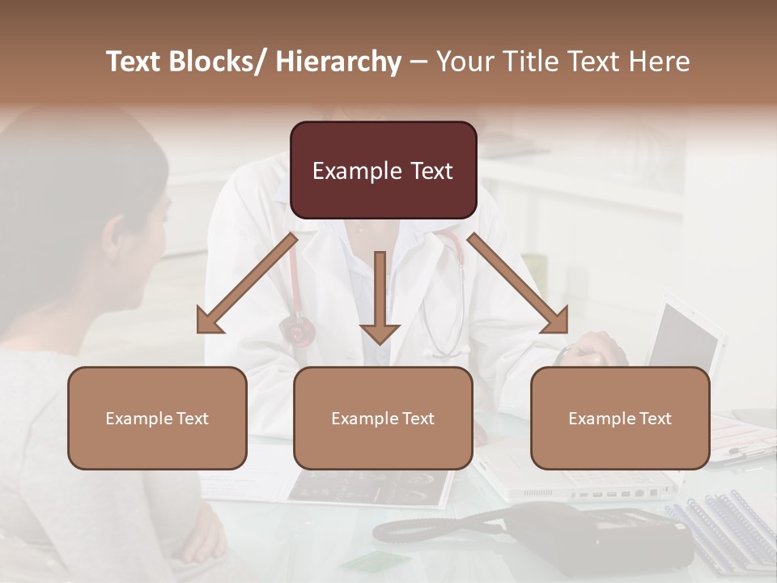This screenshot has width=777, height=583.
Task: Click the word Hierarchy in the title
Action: [339, 62]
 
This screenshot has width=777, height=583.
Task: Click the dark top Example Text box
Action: [383, 170]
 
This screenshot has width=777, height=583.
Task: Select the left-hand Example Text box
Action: [157, 418]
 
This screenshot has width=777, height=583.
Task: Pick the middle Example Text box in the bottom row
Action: [383, 418]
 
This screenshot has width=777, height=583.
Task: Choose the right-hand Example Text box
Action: [620, 418]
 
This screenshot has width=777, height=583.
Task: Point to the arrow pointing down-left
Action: [247, 283]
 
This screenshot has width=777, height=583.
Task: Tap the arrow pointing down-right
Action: [518, 283]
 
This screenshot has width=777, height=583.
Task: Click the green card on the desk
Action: [364, 560]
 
